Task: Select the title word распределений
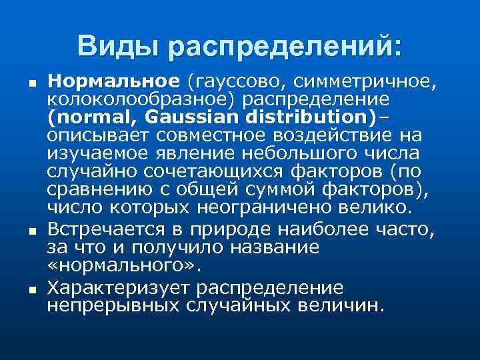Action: pos(285,47)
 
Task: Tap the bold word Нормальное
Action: pos(114,82)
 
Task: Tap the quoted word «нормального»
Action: pos(124,265)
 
